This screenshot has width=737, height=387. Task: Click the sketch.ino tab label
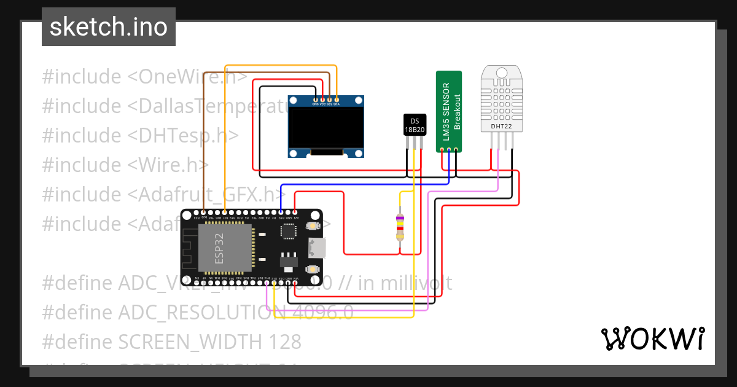[x=109, y=27]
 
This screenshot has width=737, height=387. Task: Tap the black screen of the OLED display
[x=326, y=127]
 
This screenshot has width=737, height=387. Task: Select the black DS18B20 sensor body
[x=414, y=125]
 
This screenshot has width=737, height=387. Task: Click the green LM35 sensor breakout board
[x=448, y=111]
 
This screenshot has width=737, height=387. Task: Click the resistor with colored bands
[x=400, y=227]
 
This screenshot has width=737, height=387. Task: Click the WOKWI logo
[x=652, y=338]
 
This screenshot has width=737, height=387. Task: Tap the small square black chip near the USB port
[x=288, y=231]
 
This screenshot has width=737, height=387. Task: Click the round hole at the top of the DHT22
[x=501, y=73]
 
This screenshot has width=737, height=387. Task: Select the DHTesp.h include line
[x=140, y=136]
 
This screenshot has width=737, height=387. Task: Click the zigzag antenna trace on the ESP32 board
[x=189, y=249]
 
